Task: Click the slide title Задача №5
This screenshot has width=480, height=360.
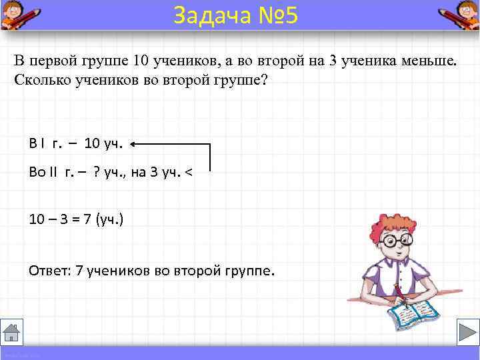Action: pos(235,15)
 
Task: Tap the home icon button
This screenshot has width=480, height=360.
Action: pos(12,332)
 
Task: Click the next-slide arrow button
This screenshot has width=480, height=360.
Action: pos(467,332)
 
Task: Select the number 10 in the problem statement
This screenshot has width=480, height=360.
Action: pos(140,61)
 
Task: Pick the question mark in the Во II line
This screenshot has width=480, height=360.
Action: pos(97,173)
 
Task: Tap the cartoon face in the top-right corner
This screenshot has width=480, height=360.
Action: pos(460,14)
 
